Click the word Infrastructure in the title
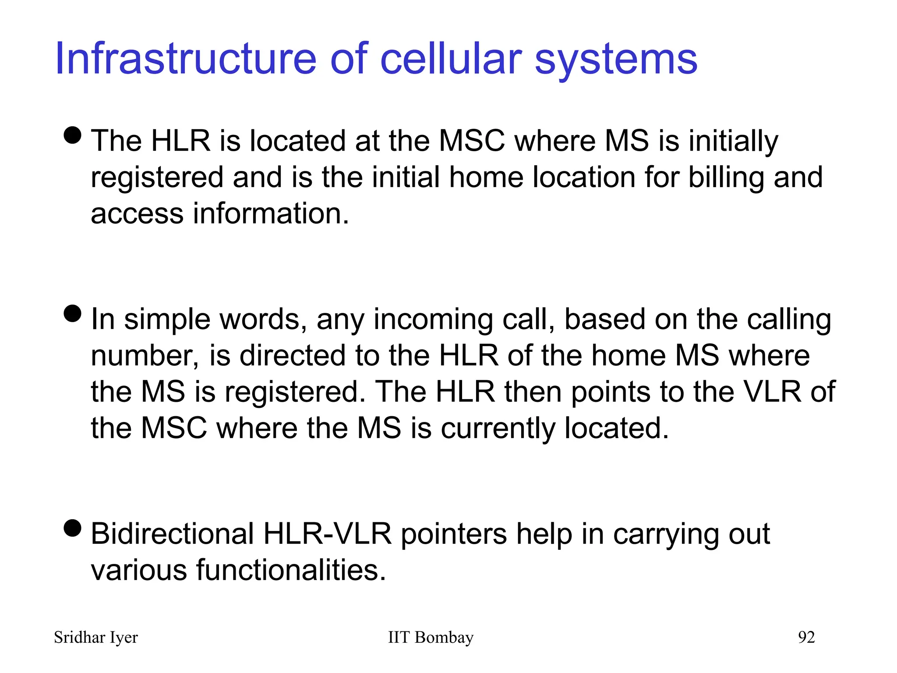(186, 59)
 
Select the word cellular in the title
(451, 59)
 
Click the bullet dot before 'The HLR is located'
(73, 135)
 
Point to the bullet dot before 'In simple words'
(73, 313)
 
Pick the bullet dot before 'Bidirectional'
(73, 528)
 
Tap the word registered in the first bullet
(157, 177)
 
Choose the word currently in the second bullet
(498, 428)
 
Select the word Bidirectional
(173, 534)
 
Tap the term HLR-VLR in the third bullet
(327, 534)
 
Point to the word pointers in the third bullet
(454, 535)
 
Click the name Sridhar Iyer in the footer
(95, 638)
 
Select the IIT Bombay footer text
(431, 638)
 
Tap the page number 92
(806, 638)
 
